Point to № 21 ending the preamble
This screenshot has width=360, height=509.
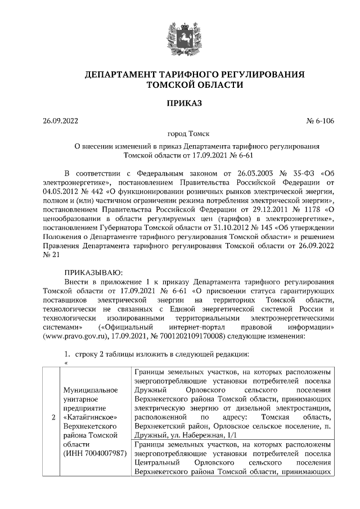click(51, 256)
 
